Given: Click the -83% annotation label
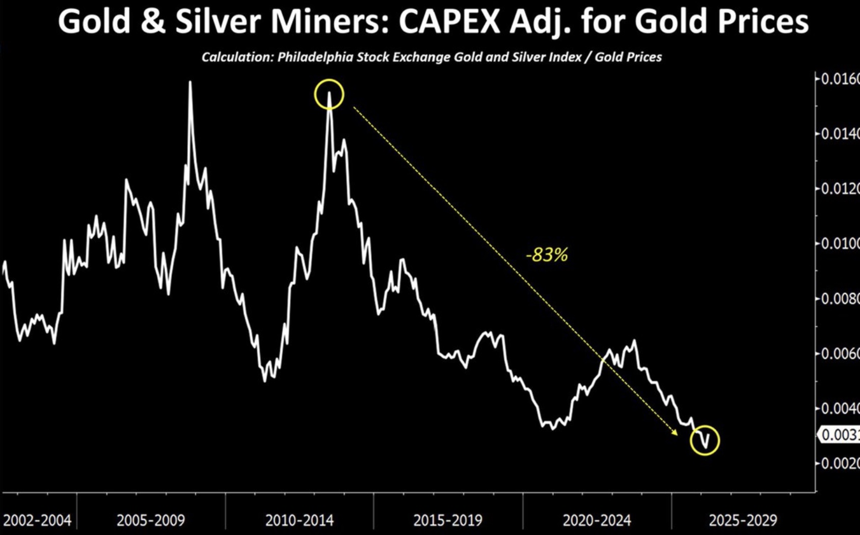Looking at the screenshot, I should [547, 254].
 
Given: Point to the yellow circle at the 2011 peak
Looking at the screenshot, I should [329, 94].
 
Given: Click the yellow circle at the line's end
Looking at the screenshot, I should [705, 440].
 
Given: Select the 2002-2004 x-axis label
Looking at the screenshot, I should [37, 520].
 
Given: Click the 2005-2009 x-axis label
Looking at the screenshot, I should [151, 520].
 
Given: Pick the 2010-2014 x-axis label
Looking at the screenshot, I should [299, 520].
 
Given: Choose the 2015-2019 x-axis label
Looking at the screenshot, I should [448, 520].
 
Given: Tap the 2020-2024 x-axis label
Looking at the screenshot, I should [597, 520].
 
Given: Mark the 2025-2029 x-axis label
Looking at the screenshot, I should [743, 520].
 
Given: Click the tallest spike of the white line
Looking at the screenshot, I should [190, 83].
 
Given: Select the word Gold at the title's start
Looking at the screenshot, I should [94, 21].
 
